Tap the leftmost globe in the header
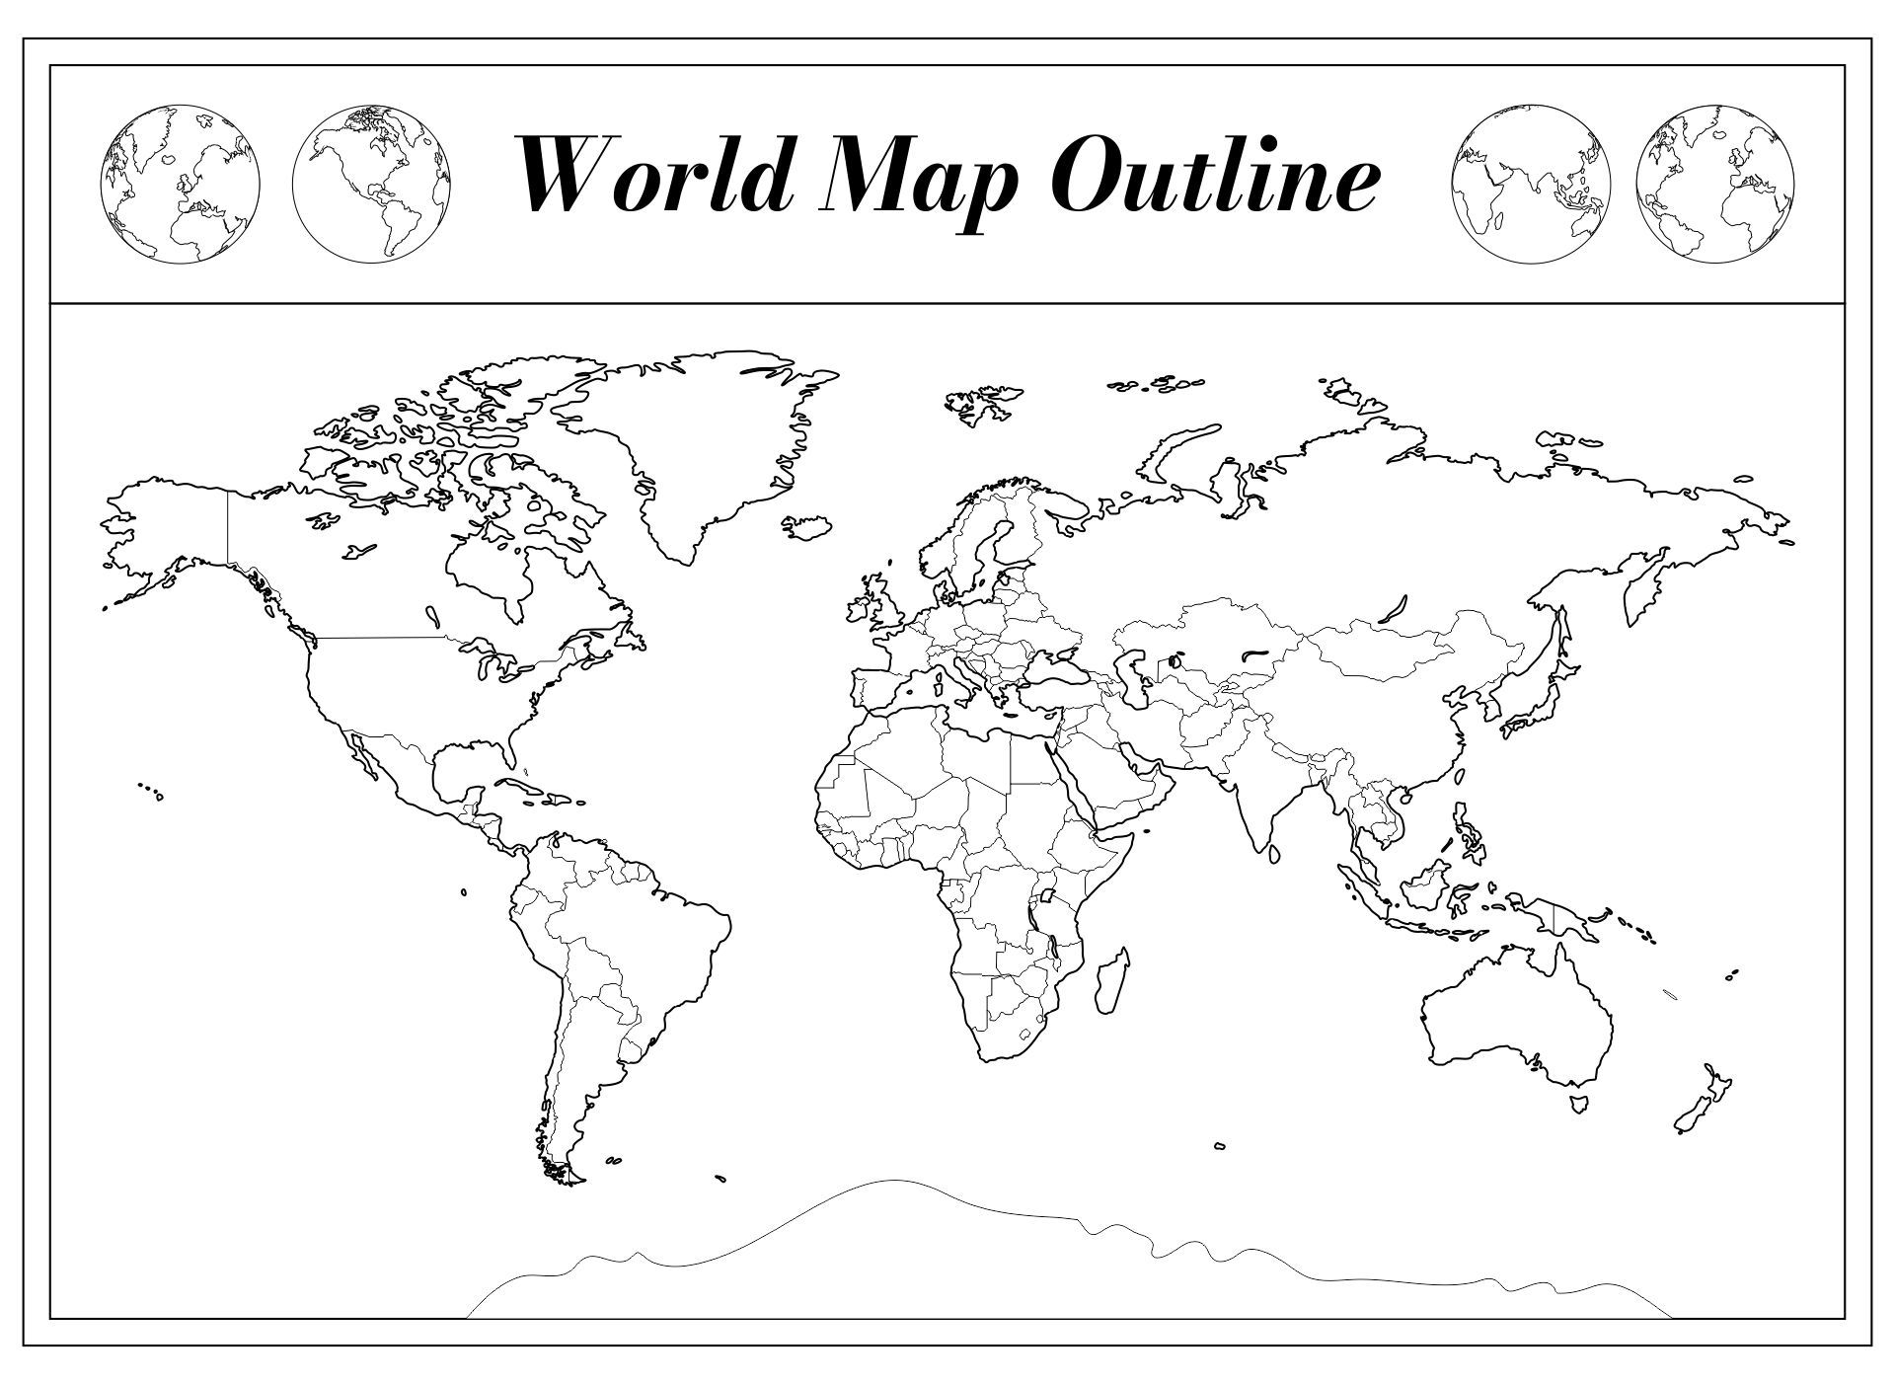pyautogui.click(x=181, y=185)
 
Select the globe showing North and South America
pyautogui.click(x=372, y=185)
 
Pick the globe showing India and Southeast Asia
pyautogui.click(x=1531, y=185)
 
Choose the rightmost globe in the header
pyautogui.click(x=1714, y=185)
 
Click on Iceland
pyautogui.click(x=807, y=525)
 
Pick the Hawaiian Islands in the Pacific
pyautogui.click(x=151, y=791)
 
